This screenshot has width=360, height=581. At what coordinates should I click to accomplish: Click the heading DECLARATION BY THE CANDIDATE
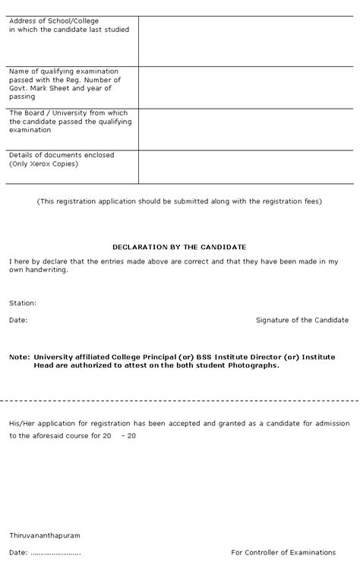pyautogui.click(x=179, y=247)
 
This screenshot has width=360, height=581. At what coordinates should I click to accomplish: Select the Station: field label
pyautogui.click(x=23, y=303)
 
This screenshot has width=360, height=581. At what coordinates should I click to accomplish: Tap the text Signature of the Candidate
pyautogui.click(x=302, y=320)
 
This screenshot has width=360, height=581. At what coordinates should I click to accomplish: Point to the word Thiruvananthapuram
pyautogui.click(x=45, y=535)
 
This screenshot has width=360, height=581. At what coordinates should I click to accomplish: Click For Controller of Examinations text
pyautogui.click(x=283, y=552)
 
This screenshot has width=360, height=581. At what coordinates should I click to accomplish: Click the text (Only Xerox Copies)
pyautogui.click(x=44, y=164)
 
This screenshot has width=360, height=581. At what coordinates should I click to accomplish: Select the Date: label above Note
pyautogui.click(x=18, y=320)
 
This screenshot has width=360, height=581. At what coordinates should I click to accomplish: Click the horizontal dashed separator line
pyautogui.click(x=179, y=399)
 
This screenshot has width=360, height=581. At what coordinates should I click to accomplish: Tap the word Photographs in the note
pyautogui.click(x=253, y=365)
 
